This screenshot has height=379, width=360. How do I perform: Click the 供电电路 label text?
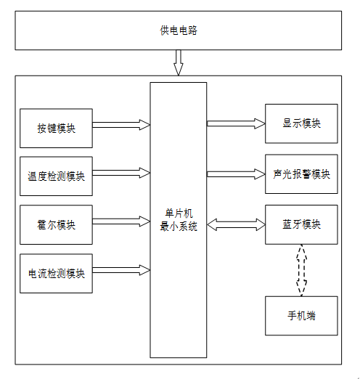click(x=179, y=30)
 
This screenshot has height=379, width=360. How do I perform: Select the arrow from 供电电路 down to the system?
click(x=179, y=62)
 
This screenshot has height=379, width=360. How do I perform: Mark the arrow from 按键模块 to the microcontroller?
click(x=121, y=125)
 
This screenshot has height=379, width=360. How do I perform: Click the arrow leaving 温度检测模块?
click(x=121, y=173)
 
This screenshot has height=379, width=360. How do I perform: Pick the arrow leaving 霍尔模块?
click(x=121, y=221)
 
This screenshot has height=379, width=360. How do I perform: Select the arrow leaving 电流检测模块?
click(x=121, y=270)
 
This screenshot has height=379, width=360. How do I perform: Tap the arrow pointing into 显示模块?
click(x=236, y=123)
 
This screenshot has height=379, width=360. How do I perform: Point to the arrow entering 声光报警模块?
click(x=236, y=174)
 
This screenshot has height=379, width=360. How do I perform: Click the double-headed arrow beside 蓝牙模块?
click(x=236, y=225)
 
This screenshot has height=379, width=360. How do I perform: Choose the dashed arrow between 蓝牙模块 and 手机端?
click(x=301, y=270)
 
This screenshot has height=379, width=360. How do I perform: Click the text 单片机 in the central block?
click(x=179, y=213)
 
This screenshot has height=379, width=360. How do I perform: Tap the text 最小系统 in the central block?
click(x=179, y=227)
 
